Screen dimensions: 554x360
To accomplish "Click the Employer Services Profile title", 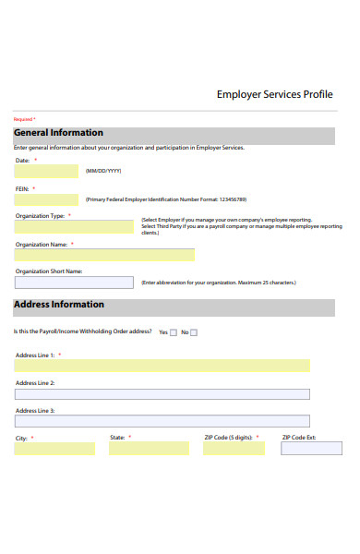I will [x=274, y=94].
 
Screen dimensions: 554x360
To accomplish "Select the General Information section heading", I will [x=58, y=133].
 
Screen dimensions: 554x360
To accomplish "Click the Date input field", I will [x=46, y=172].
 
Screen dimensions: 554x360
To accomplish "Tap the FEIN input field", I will [x=46, y=199].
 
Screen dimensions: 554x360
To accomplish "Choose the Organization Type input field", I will [x=74, y=226].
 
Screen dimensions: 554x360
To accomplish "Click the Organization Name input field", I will [x=104, y=255].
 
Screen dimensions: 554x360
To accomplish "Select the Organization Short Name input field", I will [x=74, y=283].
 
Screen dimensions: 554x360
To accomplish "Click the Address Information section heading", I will [x=59, y=305].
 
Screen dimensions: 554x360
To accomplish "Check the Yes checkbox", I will [x=174, y=332].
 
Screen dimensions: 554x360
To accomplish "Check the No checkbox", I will [x=194, y=332].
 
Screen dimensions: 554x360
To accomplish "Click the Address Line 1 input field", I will [x=162, y=366].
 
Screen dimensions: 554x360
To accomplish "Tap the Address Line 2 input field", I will [x=162, y=394].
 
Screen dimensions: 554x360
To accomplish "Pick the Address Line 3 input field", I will [x=162, y=421].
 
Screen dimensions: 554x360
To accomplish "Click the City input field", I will [x=54, y=449].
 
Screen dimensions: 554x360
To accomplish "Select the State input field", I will [x=149, y=449].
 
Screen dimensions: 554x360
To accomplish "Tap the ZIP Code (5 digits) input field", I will [x=234, y=449].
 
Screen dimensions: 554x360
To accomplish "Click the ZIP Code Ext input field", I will [x=311, y=449].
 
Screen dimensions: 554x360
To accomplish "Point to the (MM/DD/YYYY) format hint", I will [x=103, y=172].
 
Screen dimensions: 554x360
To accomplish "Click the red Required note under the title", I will [x=24, y=119].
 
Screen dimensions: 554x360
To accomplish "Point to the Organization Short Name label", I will [x=49, y=271].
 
